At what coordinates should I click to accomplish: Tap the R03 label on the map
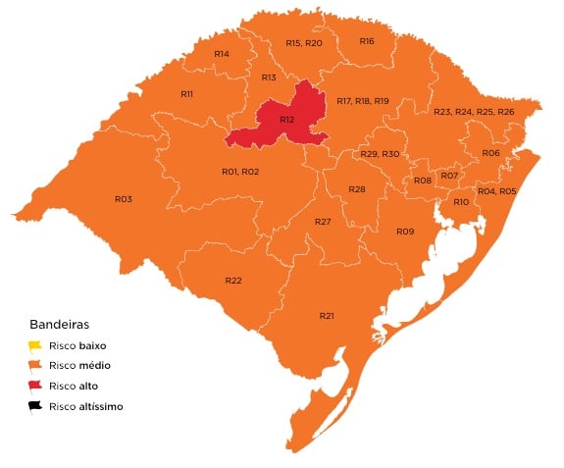(x=123, y=198)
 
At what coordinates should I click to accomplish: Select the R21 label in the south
(x=327, y=315)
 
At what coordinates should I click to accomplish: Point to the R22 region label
(x=233, y=281)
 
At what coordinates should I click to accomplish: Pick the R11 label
(x=186, y=93)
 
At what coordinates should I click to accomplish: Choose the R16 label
(x=367, y=41)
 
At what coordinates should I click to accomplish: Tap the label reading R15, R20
(x=304, y=43)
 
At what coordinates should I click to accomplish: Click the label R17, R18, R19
(x=362, y=101)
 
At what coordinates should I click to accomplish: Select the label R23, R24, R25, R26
(x=474, y=112)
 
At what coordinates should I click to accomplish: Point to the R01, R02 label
(x=240, y=172)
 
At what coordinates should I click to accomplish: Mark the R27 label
(x=323, y=222)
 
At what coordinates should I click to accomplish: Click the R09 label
(x=405, y=231)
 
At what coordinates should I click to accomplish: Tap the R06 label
(x=490, y=153)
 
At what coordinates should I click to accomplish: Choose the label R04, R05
(x=496, y=190)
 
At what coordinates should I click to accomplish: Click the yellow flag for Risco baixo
(x=35, y=345)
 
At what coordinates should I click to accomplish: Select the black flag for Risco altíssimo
(x=35, y=405)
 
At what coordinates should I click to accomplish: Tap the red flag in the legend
(x=35, y=386)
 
